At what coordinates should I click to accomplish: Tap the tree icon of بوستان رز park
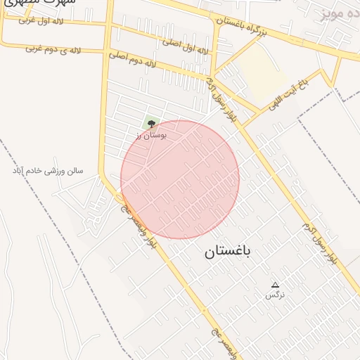[x=150, y=124]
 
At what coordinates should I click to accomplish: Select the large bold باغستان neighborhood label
[x=228, y=252]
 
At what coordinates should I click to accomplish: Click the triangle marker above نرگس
[x=275, y=285]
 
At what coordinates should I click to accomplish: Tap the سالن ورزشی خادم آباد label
[x=48, y=171]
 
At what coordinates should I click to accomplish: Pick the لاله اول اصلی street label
[x=186, y=46]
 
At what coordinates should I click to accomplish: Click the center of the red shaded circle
[x=180, y=179]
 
